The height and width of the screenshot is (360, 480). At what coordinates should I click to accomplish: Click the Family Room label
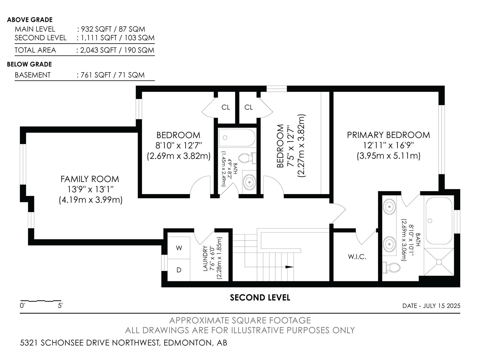pyautogui.click(x=90, y=179)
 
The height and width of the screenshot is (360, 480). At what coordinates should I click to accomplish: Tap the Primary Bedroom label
pyautogui.click(x=388, y=135)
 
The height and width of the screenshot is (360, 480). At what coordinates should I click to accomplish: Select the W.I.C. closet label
pyautogui.click(x=357, y=256)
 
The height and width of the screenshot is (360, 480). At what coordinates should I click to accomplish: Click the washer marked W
pyautogui.click(x=179, y=248)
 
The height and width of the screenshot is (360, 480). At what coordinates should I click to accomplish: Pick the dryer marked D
pyautogui.click(x=179, y=270)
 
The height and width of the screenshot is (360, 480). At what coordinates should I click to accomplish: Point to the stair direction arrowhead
pyautogui.click(x=289, y=267)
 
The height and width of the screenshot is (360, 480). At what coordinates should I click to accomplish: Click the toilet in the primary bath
pyautogui.click(x=391, y=268)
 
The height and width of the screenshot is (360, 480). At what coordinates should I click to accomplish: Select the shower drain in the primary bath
pyautogui.click(x=439, y=262)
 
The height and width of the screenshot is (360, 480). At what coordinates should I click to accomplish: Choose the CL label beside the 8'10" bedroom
pyautogui.click(x=226, y=107)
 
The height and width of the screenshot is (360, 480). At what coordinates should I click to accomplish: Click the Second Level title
pyautogui.click(x=260, y=298)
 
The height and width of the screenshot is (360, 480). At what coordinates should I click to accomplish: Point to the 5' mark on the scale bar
pyautogui.click(x=60, y=306)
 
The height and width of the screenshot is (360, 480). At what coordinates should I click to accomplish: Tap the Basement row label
pyautogui.click(x=33, y=75)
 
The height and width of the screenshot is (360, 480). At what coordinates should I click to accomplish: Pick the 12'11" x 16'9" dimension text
pyautogui.click(x=388, y=145)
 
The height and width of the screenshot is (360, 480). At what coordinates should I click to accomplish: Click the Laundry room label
pyautogui.click(x=205, y=258)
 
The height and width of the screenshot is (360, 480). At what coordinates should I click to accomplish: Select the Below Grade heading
pyautogui.click(x=29, y=64)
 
